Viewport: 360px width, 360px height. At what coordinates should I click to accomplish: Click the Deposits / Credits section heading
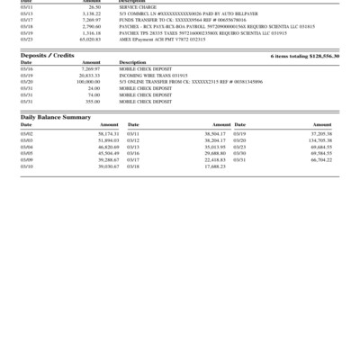pos(47,56)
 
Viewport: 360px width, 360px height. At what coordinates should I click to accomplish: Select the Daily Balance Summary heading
pos(56,117)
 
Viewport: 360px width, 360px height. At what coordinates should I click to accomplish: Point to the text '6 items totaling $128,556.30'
pos(305,56)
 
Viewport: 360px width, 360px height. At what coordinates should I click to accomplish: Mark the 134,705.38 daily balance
pos(320,140)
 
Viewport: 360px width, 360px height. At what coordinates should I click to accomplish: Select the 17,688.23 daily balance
pos(214,166)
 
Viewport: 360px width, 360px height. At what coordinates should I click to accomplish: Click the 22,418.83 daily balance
pos(214,160)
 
